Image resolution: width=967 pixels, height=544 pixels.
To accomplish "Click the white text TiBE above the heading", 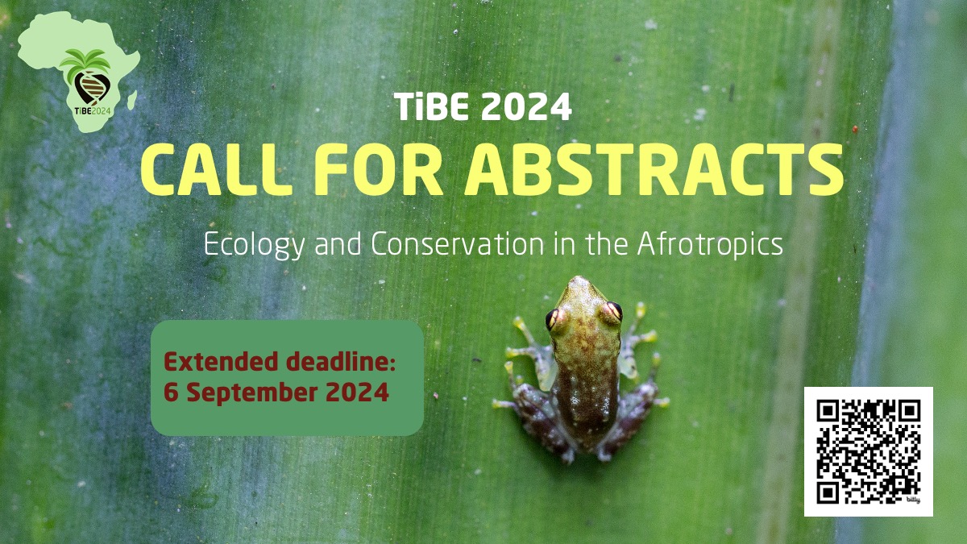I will click(x=433, y=108).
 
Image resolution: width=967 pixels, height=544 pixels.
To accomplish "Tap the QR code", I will click(x=869, y=450).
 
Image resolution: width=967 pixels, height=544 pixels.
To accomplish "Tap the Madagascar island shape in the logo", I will click(x=131, y=99).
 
